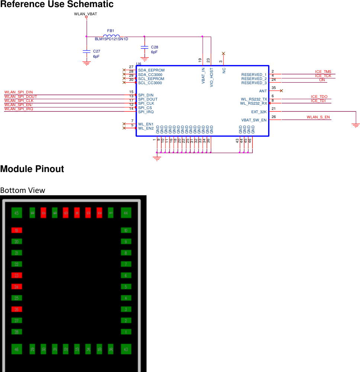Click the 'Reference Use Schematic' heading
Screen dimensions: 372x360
pyautogui.click(x=57, y=4)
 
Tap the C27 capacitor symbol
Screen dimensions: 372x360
pyautogui.click(x=87, y=51)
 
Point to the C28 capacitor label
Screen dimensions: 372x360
pyautogui.click(x=154, y=47)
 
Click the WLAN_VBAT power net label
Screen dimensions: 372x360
pyautogui.click(x=86, y=14)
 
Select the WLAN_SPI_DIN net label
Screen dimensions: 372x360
pyautogui.click(x=19, y=92)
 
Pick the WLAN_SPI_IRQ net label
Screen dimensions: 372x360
pyautogui.click(x=19, y=109)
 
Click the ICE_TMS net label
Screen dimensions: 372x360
pyautogui.click(x=323, y=72)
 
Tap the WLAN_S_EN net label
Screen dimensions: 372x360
pyautogui.click(x=318, y=117)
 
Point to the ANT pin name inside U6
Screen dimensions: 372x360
pyautogui.click(x=263, y=91)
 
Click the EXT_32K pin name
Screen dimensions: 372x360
pyautogui.click(x=259, y=112)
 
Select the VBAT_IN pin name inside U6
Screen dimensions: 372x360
pyautogui.click(x=203, y=76)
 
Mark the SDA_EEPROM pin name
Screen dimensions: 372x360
pyautogui.click(x=151, y=70)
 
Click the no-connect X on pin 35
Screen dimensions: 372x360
pyautogui.click(x=281, y=90)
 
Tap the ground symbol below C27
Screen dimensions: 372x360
pyautogui.click(x=87, y=63)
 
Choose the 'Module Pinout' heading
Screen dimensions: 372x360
pyautogui.click(x=32, y=169)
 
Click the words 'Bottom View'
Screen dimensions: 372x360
pyautogui.click(x=23, y=190)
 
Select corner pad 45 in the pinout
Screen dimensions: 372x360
pyautogui.click(x=16, y=213)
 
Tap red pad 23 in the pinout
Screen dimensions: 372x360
pyautogui.click(x=16, y=276)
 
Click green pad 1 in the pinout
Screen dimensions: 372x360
pyautogui.click(x=126, y=332)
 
